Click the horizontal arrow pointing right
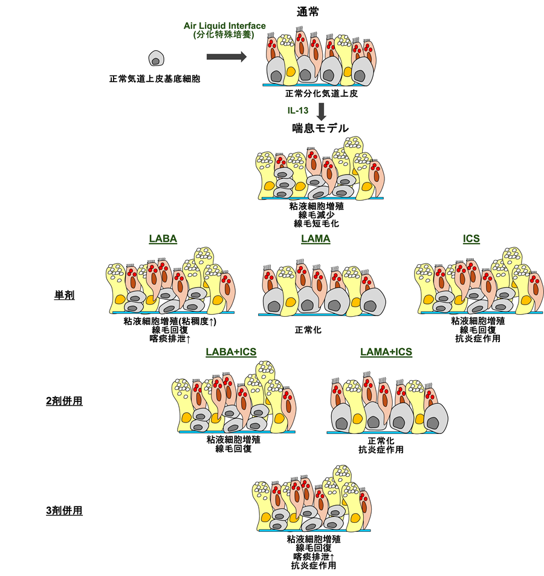[226, 57]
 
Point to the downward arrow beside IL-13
[322, 111]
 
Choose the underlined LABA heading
[163, 239]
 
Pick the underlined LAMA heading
[316, 239]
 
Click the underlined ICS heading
[471, 239]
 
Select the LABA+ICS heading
[231, 352]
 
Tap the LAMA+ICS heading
[386, 352]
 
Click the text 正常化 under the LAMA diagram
[308, 330]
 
